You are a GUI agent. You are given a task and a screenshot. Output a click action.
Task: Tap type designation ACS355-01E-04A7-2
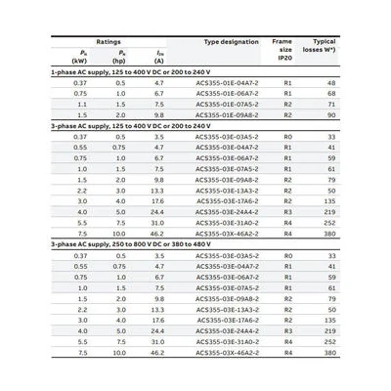click(230, 83)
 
